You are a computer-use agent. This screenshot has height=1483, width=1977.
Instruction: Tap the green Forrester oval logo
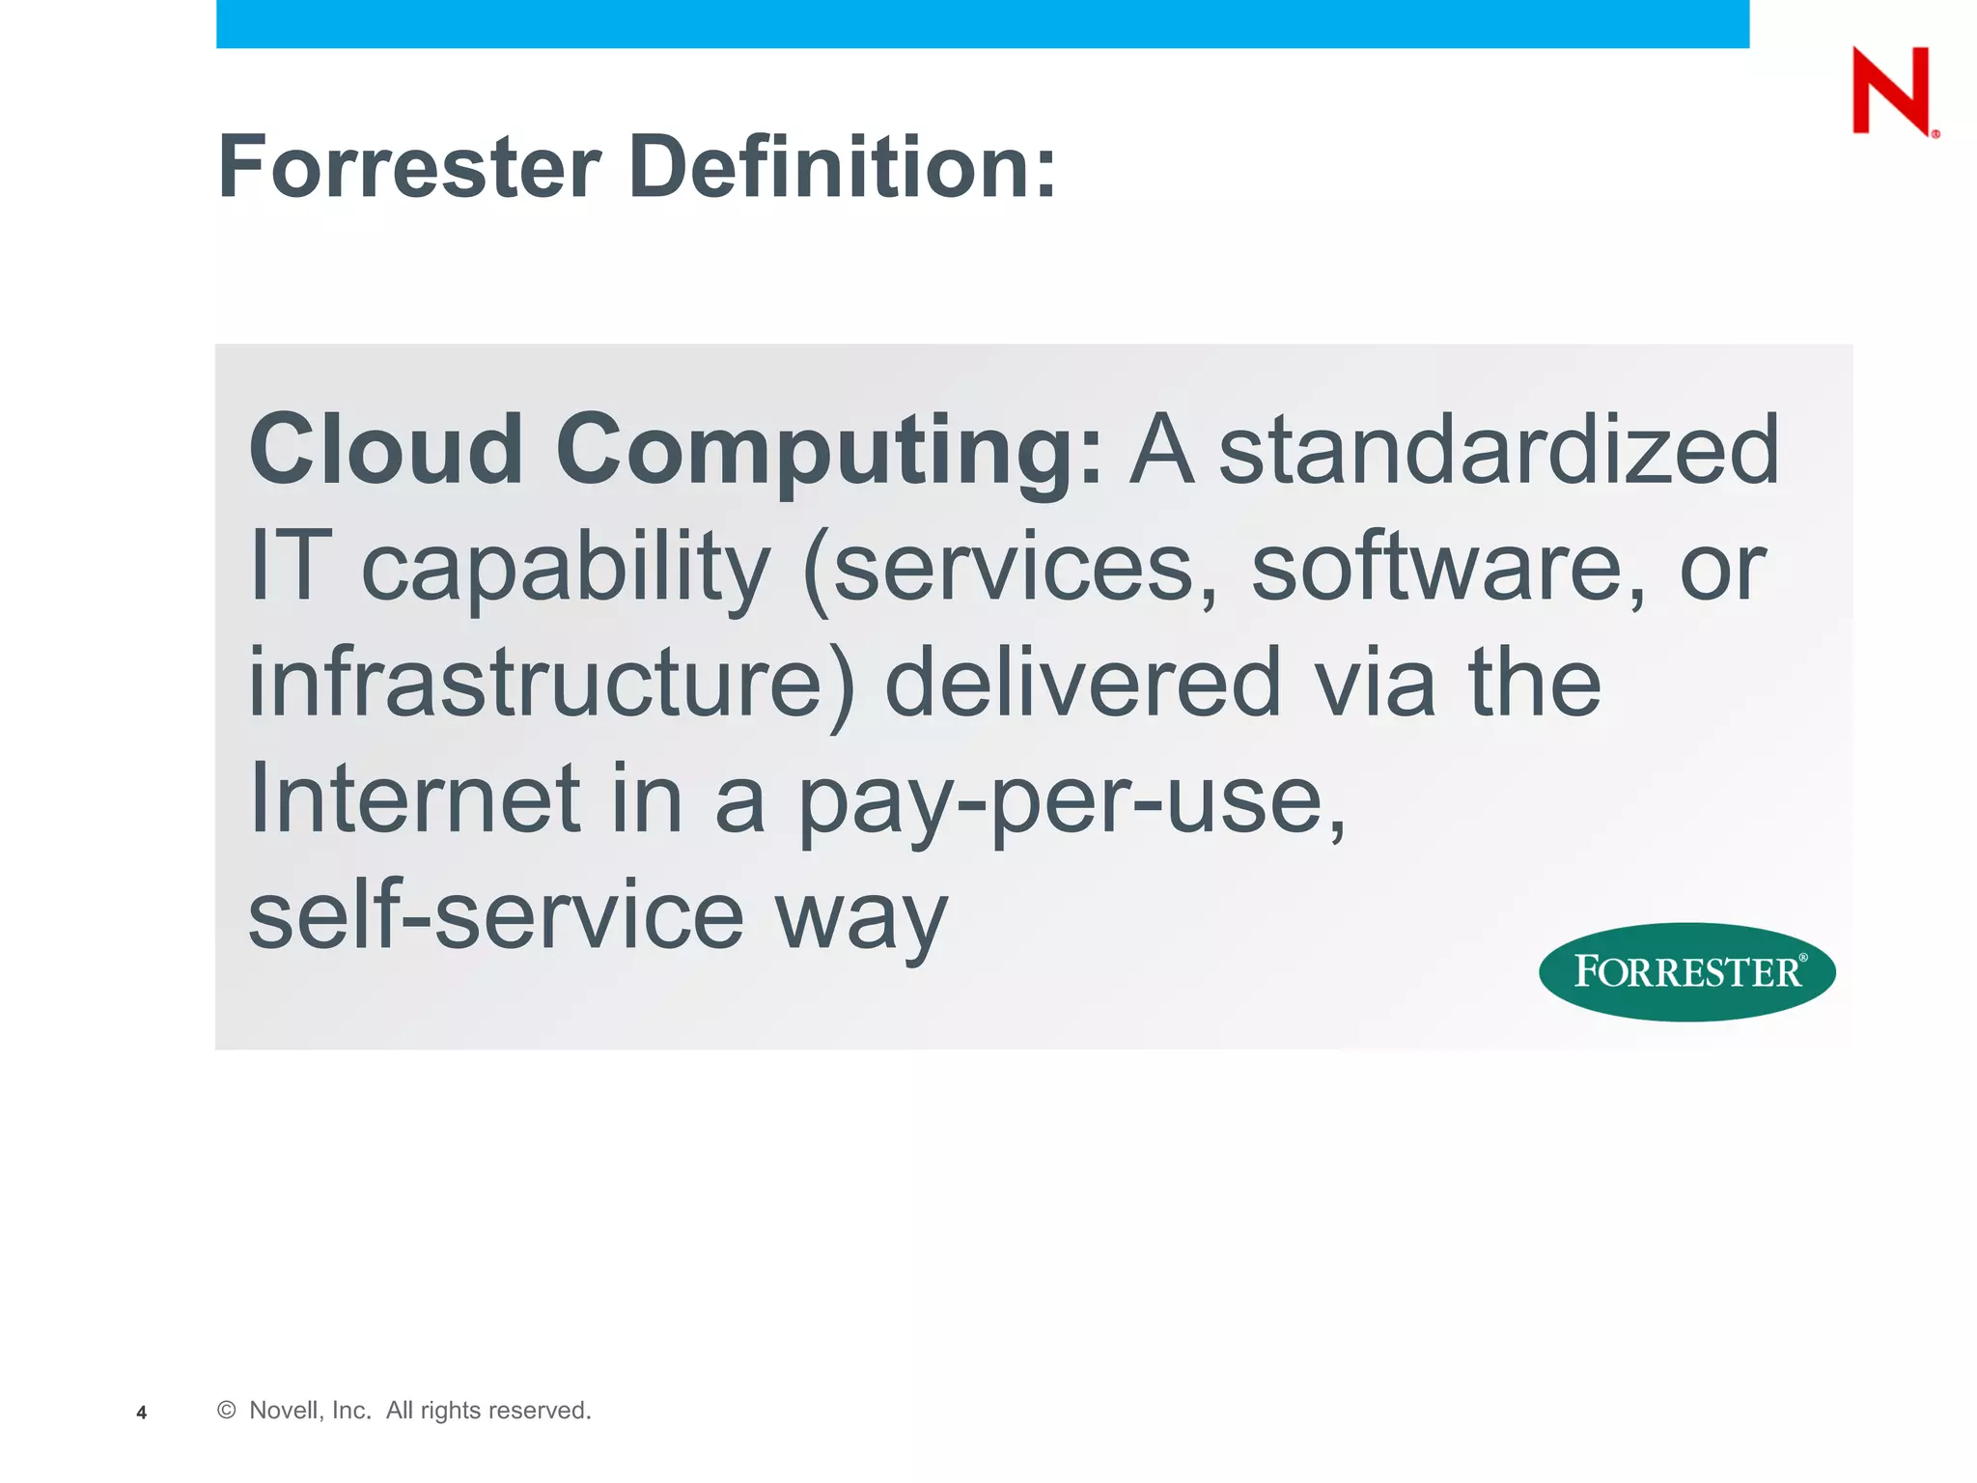tap(1686, 971)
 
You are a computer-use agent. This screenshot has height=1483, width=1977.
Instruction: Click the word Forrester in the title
tap(410, 167)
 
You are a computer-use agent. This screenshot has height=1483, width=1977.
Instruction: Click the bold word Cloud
tap(386, 450)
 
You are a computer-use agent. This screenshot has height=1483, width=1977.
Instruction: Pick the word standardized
tap(1498, 450)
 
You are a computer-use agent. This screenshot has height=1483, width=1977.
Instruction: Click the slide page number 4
tap(142, 1413)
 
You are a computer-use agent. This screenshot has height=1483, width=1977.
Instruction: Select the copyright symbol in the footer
tap(227, 1411)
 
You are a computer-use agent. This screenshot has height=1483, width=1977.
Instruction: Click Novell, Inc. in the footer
tap(310, 1411)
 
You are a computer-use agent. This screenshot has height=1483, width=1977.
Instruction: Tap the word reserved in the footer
tap(540, 1411)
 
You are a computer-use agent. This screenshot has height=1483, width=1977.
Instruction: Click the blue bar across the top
tap(983, 23)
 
